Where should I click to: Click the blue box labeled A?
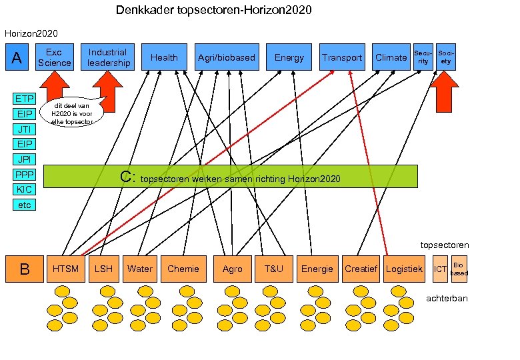17,57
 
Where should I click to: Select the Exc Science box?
54,57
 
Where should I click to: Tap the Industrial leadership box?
108,57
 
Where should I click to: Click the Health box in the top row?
164,57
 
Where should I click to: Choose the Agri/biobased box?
227,57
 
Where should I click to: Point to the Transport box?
342,57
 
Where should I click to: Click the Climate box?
391,57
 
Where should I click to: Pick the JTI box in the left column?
25,129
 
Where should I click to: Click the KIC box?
25,189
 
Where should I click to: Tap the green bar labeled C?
230,177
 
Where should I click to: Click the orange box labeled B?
24,269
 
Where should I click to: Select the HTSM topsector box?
66,269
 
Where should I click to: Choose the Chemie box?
183,269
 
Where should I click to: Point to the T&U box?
273,269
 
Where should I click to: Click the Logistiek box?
405,269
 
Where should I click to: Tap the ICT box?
440,269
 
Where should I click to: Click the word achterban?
447,298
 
